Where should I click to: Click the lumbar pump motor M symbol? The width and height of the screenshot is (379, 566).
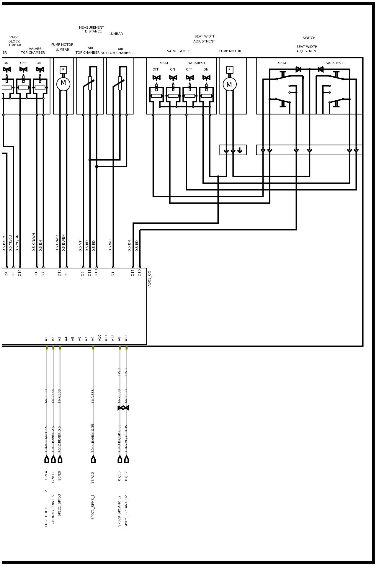coord(63,84)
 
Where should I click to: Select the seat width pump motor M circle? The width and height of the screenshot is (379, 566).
coord(230,84)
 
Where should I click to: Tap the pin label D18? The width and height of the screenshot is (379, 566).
coord(60,273)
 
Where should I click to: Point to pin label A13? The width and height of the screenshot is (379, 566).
coord(126,338)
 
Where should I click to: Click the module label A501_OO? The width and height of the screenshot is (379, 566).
coord(150,278)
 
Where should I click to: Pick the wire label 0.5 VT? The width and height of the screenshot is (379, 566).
coord(81,246)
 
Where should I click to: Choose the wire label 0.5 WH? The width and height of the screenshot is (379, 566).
coord(110,245)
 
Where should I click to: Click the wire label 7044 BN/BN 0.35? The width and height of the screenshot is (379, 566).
coord(93,438)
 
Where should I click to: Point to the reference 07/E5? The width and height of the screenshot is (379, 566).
coord(120,476)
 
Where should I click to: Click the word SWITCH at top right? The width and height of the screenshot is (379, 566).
coord(309,38)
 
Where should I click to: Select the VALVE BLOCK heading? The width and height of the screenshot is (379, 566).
coord(178,51)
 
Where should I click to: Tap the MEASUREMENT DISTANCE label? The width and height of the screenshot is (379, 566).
coord(92,30)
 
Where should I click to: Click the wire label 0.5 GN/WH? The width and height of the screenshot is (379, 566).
coord(34,242)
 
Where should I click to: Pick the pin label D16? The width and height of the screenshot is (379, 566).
coord(140,273)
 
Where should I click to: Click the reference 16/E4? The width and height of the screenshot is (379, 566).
coord(46,476)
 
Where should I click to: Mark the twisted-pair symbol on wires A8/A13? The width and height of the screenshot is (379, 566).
coord(123,408)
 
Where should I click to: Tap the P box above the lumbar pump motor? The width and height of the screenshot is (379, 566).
coord(63,70)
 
